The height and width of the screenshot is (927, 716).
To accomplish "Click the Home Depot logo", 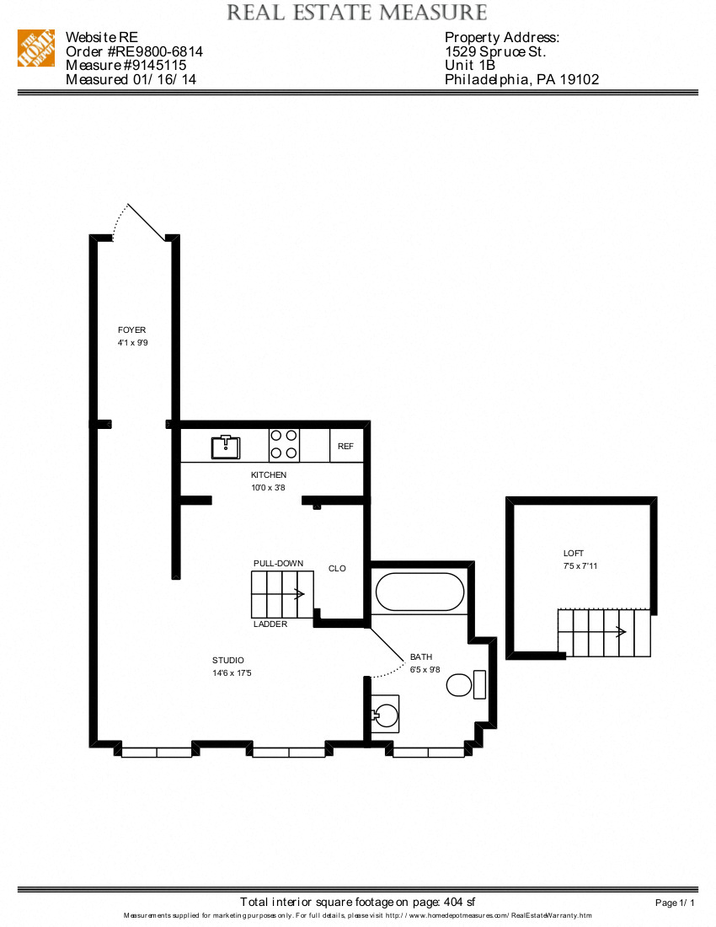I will [x=35, y=48].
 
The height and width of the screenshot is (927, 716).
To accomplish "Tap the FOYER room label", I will [x=131, y=330].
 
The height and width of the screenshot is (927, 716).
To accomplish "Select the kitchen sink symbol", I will [x=225, y=446].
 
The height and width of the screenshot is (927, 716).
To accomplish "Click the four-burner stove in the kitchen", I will [x=284, y=444].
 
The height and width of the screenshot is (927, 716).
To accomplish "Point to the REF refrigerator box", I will [x=345, y=447].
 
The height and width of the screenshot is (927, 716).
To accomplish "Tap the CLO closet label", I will [x=337, y=569].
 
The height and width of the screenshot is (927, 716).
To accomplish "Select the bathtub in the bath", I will [x=419, y=592].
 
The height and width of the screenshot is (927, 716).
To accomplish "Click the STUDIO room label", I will [x=228, y=661].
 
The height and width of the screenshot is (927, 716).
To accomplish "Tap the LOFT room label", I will [x=574, y=554].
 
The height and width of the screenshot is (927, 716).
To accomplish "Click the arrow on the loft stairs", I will [x=621, y=632].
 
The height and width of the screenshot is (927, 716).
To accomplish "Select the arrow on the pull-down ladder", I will [x=299, y=594].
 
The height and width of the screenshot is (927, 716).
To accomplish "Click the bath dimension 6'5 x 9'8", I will [x=426, y=670].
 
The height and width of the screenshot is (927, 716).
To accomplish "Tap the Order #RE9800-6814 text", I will [x=134, y=51].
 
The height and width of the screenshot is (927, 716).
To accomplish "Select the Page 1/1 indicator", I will [x=675, y=903].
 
